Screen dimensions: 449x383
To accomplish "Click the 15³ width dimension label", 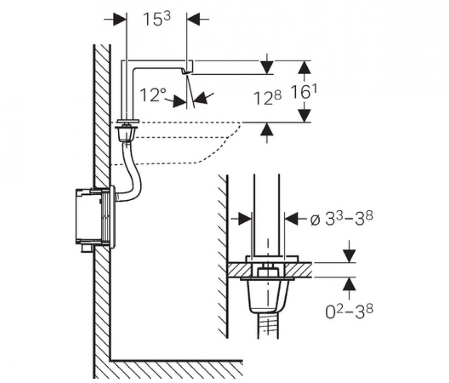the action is [156, 19].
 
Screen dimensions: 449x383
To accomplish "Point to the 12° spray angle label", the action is [153, 95].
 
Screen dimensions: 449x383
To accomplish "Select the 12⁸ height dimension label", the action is [267, 98].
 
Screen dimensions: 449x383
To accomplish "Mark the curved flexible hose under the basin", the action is [131, 172].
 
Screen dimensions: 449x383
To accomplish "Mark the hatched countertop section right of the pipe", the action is [298, 270].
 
